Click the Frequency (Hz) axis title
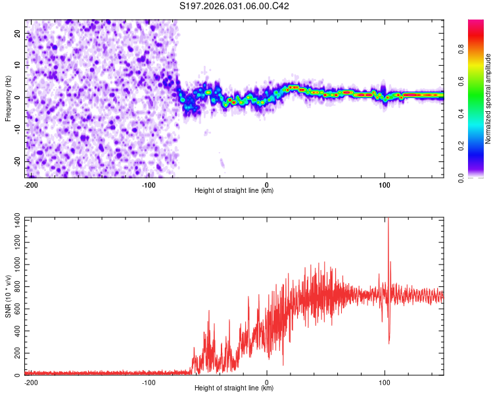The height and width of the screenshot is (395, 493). tap(8, 99)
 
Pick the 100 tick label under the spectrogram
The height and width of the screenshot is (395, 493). tap(385, 184)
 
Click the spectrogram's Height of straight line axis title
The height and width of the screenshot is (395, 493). tap(234, 191)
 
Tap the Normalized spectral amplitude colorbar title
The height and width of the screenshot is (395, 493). tap(488, 99)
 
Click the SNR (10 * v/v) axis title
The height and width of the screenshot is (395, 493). tap(8, 296)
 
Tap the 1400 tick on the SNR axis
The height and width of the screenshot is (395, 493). tap(12, 217)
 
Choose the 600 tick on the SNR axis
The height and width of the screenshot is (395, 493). tap(14, 307)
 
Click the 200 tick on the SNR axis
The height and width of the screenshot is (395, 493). tap(14, 353)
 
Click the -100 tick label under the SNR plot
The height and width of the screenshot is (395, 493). tap(148, 382)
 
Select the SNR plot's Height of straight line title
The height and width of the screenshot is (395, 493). tap(234, 388)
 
